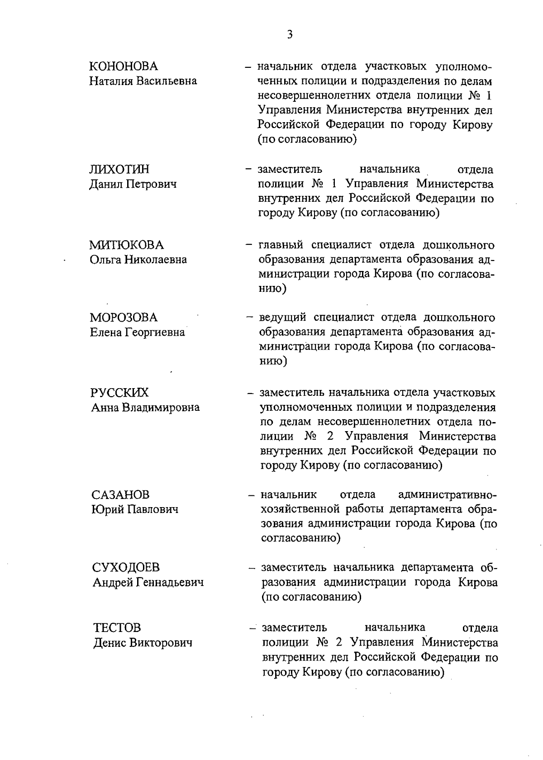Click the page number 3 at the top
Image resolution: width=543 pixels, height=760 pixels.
coord(290,35)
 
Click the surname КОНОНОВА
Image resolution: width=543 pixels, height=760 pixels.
coord(124,66)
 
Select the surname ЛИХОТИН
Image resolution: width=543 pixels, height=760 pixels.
coord(119,169)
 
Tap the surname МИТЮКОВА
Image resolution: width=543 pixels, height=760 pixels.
coord(126,245)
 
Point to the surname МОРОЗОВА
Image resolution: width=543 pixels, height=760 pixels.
coord(124,317)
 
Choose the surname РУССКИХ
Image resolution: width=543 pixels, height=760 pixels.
coord(119,392)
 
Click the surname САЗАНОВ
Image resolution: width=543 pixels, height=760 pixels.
coord(120,494)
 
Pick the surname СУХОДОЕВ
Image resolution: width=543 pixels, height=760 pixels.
coord(126,567)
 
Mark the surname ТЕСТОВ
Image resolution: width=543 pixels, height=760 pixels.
coord(117,627)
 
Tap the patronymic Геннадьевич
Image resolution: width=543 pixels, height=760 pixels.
coord(171,582)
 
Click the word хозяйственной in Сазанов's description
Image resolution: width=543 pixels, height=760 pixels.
coord(300,509)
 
